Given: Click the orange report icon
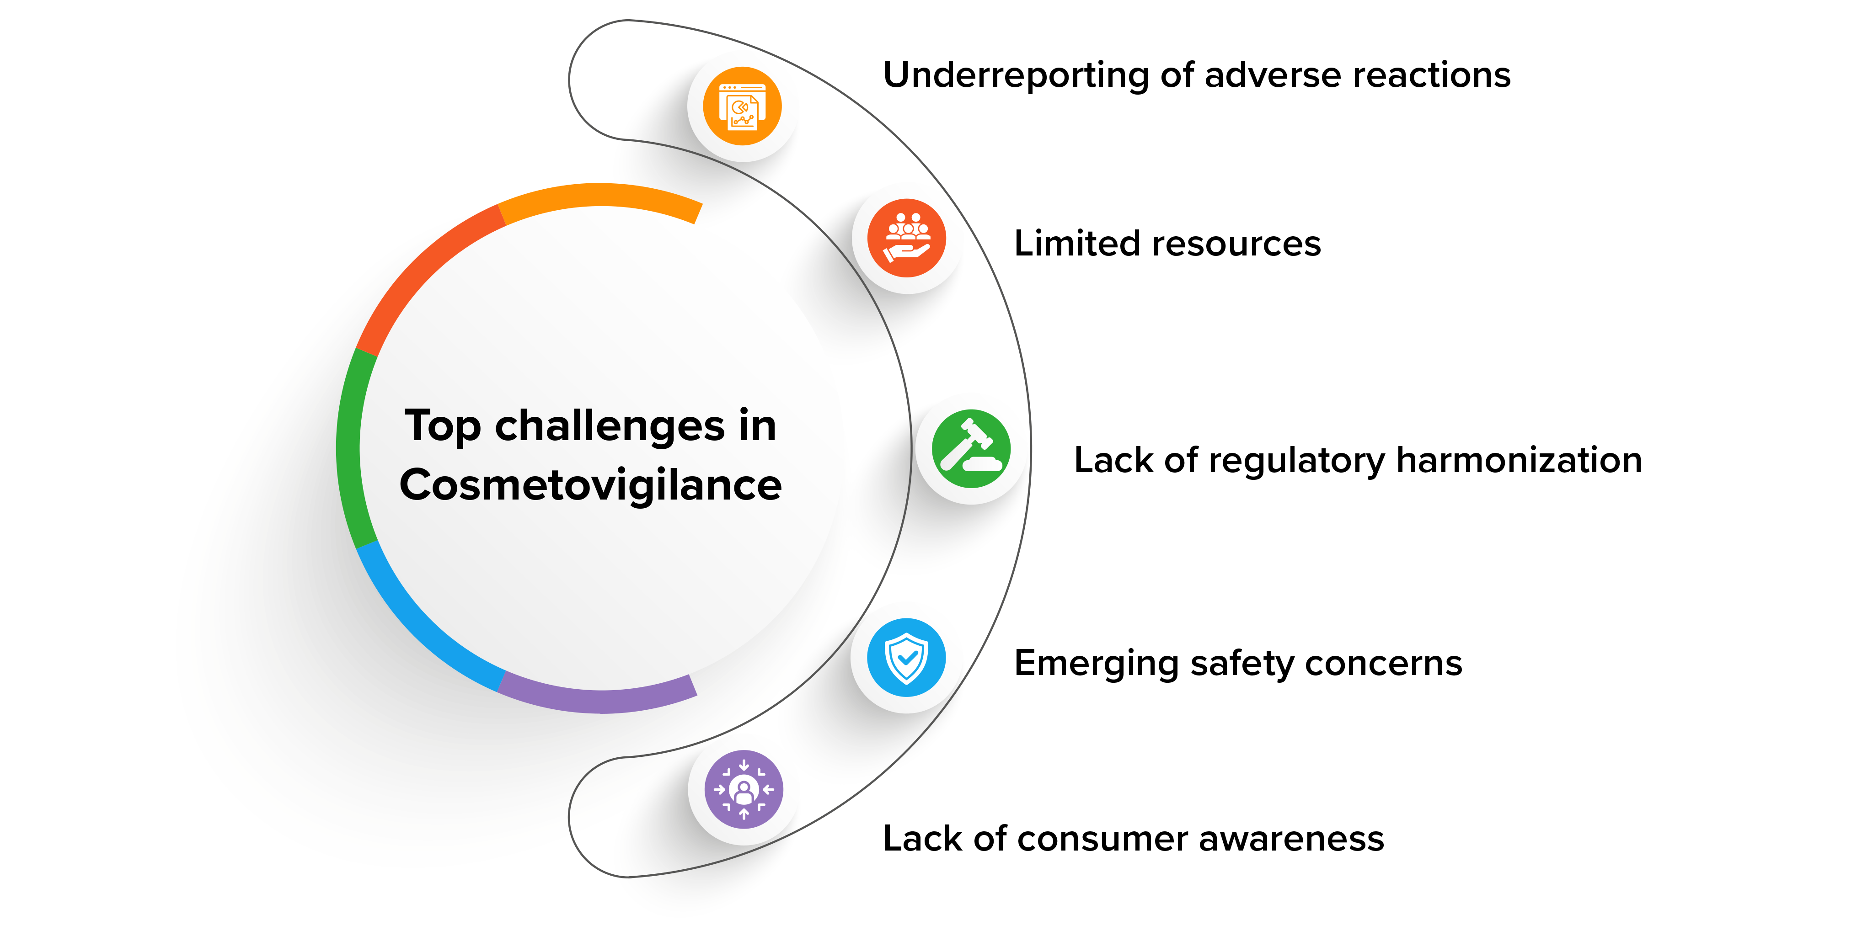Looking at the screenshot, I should [742, 106].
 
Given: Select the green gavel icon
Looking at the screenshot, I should [971, 448].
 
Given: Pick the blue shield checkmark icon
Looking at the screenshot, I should [906, 658].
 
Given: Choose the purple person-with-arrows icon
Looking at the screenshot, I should [743, 789].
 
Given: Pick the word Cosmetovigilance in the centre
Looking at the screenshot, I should [590, 485].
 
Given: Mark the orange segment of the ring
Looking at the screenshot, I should [600, 195].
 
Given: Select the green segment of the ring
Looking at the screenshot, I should [348, 447].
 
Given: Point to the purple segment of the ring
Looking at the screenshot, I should [600, 701].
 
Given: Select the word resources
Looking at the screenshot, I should [1236, 244].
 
